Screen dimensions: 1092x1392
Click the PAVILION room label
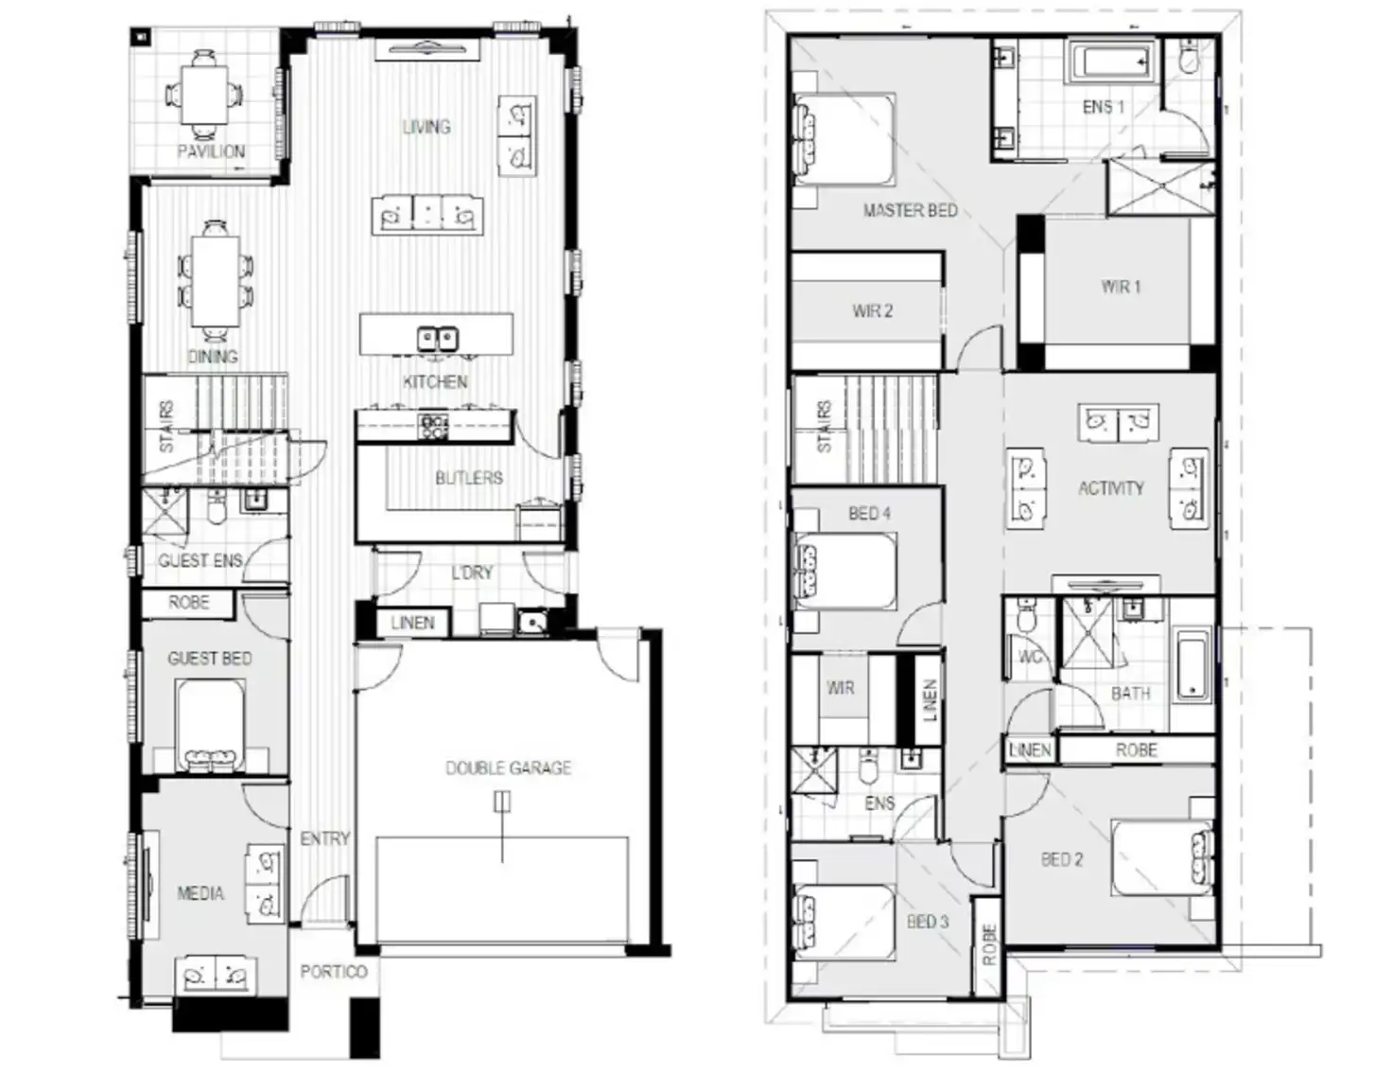tap(211, 151)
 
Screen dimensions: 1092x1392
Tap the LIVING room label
tap(426, 127)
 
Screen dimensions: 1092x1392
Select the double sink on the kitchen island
tap(437, 338)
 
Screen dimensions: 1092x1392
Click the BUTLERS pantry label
tap(469, 478)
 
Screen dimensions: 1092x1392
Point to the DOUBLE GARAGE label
tap(509, 767)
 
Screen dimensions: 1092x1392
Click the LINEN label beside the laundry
tap(412, 623)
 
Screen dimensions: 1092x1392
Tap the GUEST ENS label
tap(200, 561)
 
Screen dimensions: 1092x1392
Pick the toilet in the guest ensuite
tap(217, 508)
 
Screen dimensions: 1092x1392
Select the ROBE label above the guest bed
tap(188, 603)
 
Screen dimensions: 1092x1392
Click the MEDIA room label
tap(200, 892)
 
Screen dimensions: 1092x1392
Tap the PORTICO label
tap(334, 971)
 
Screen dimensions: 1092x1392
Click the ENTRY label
tap(324, 838)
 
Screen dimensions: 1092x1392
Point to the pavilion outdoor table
tap(205, 93)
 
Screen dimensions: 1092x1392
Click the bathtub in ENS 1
tap(1110, 63)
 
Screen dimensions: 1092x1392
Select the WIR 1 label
tap(1121, 286)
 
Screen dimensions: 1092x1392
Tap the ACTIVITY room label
tap(1111, 488)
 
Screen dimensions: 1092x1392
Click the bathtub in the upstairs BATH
tap(1192, 665)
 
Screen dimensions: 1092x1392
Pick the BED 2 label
tap(1061, 859)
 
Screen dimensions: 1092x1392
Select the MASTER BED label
tap(910, 210)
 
